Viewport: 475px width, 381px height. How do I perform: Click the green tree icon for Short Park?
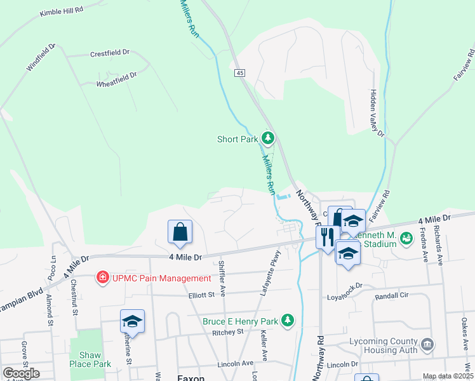pos(268,138)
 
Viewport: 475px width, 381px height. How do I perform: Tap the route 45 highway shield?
pos(239,74)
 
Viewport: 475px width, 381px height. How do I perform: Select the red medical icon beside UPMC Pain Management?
pos(101,277)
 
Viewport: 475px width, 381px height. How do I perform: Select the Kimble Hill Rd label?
pos(61,12)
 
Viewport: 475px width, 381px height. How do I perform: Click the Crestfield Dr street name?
pos(109,53)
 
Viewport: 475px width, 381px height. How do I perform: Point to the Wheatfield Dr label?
pos(116,76)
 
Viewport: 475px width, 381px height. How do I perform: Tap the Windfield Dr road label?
pos(41,58)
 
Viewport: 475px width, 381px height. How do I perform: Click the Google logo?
pos(21,373)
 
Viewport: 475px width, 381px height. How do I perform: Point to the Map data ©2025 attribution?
pos(448,376)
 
